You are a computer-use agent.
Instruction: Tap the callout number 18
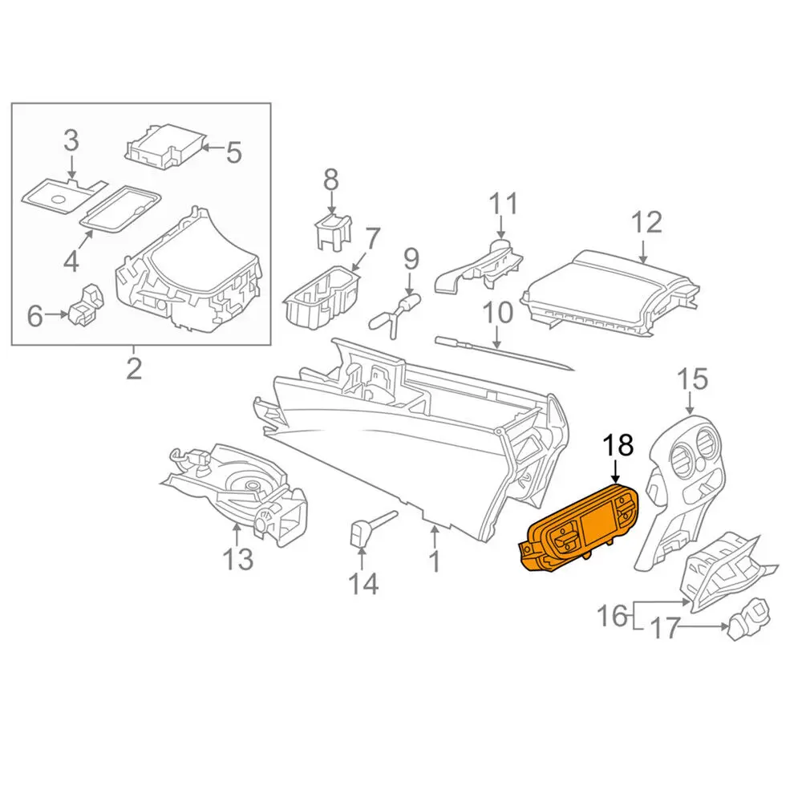pyautogui.click(x=618, y=444)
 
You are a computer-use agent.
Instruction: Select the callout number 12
pyautogui.click(x=646, y=221)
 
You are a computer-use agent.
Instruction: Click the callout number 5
pyautogui.click(x=233, y=152)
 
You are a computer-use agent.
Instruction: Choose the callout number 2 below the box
pyautogui.click(x=133, y=368)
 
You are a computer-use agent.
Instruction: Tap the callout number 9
pyautogui.click(x=411, y=259)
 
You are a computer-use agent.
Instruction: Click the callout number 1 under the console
pyautogui.click(x=434, y=560)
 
